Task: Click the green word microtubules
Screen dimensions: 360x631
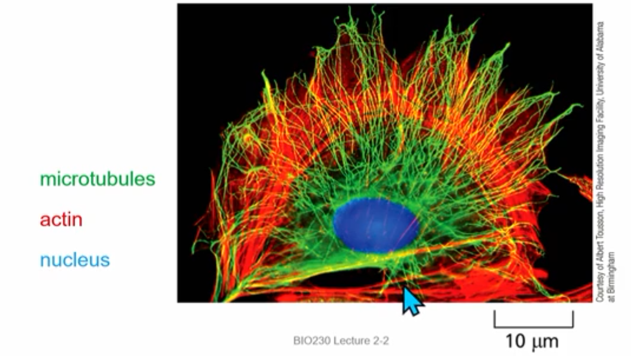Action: pos(97,179)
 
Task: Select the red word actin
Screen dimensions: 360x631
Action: pos(61,220)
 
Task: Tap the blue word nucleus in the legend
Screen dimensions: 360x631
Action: pos(75,260)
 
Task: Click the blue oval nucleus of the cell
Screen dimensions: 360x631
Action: pos(376,225)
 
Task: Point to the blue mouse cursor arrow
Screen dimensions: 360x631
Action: pos(412,300)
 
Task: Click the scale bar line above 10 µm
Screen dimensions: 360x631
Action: pos(534,326)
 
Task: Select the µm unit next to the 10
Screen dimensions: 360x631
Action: pos(545,342)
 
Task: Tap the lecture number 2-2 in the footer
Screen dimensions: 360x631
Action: pos(378,341)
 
